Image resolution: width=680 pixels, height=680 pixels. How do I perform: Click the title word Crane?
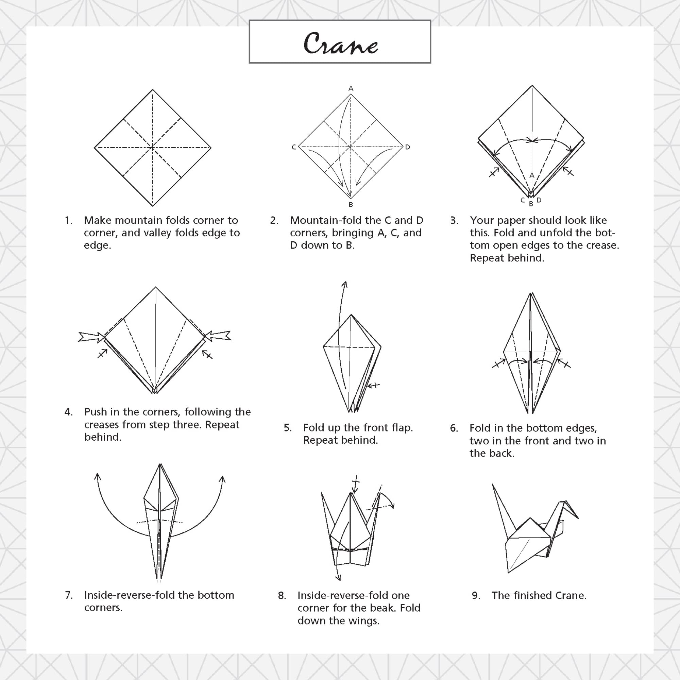tap(341, 43)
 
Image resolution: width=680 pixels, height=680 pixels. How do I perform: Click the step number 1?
tap(68, 221)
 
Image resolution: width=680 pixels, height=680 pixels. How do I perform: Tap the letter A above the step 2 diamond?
tap(351, 88)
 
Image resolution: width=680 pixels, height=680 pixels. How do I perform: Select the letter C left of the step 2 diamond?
tap(294, 147)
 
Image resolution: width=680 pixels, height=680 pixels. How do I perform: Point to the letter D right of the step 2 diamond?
tap(408, 147)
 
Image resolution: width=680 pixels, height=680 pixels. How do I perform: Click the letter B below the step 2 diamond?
tap(351, 204)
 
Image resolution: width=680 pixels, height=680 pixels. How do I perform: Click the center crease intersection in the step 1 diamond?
tap(152, 148)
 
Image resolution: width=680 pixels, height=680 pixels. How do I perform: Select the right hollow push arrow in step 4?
tap(218, 336)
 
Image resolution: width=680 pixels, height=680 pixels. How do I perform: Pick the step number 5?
tap(288, 428)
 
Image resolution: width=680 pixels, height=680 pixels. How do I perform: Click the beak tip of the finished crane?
tap(578, 518)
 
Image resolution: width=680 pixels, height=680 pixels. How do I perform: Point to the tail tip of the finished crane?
tap(492, 485)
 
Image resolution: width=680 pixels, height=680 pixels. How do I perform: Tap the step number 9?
tap(476, 596)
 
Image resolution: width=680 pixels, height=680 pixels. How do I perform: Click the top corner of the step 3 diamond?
tap(532, 86)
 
